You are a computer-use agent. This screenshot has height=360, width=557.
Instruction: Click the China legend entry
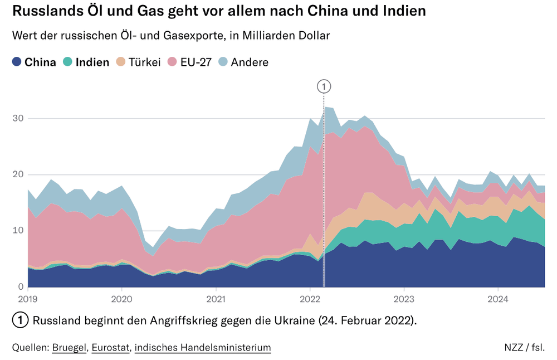click(35, 62)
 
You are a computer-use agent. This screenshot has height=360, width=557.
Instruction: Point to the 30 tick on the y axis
click(18, 118)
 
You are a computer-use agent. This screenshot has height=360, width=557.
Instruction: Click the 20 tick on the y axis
click(18, 174)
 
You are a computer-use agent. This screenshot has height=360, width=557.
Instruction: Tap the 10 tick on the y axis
click(18, 231)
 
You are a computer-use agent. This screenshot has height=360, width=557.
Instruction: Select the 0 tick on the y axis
click(20, 287)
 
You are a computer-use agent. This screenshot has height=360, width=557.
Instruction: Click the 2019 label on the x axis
click(28, 298)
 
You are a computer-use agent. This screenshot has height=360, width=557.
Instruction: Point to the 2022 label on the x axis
click(310, 298)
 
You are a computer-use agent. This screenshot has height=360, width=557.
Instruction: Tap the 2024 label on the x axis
click(498, 298)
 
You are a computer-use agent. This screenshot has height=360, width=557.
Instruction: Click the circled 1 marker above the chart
click(324, 86)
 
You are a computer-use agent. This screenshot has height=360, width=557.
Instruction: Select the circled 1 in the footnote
click(20, 320)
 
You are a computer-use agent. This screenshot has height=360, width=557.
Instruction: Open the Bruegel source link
click(69, 348)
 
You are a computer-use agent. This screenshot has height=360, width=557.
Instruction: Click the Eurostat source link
click(110, 348)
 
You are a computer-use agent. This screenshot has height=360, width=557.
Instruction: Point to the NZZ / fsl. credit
click(524, 348)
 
